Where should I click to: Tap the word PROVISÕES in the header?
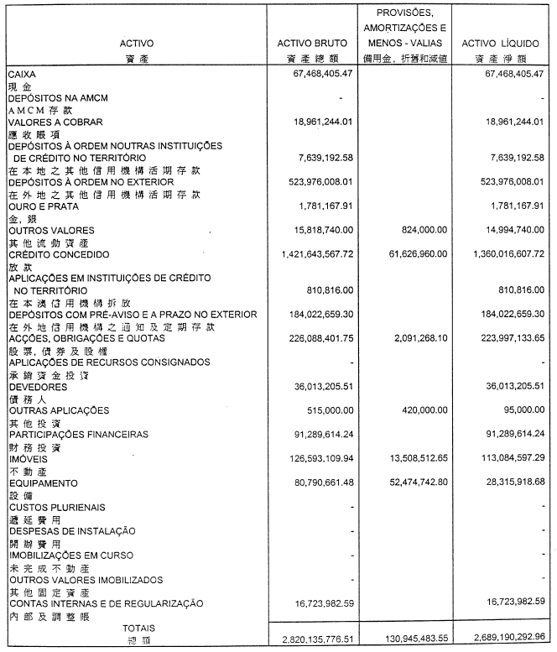coord(405,13)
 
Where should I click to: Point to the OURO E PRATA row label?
coord(40,206)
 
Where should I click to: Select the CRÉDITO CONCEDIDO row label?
coord(55,254)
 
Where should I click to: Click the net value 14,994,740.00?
coord(509,230)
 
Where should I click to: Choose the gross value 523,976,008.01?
coord(314,182)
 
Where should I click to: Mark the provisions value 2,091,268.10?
coord(415,339)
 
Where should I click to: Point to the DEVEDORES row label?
coord(38,387)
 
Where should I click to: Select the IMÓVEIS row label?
coord(29,460)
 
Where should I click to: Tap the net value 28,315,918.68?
coord(509,484)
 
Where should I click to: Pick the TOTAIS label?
coord(138,628)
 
